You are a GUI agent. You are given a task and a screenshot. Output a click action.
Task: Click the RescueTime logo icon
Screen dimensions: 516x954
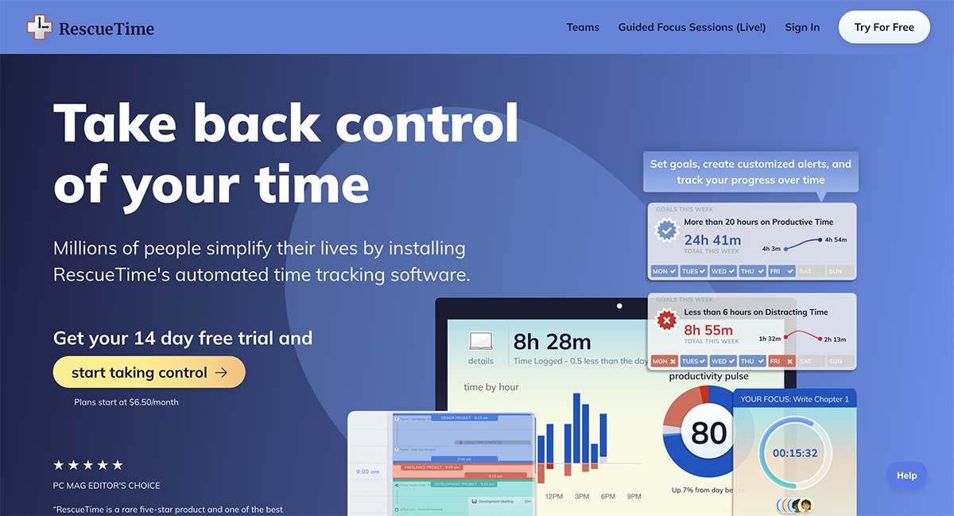(38, 28)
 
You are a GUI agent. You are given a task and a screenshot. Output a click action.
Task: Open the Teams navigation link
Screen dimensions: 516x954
(583, 27)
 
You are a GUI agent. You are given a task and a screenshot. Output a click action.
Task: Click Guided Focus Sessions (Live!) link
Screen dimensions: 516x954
(692, 27)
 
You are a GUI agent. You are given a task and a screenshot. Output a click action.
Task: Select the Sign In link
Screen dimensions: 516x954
(801, 27)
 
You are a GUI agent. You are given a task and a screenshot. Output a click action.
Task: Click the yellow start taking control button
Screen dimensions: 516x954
(149, 372)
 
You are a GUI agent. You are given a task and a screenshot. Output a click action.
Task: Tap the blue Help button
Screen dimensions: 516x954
(906, 475)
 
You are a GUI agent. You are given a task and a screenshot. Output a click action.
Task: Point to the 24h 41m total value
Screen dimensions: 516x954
(712, 239)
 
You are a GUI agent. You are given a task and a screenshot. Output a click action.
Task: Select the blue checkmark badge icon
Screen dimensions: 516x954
(666, 231)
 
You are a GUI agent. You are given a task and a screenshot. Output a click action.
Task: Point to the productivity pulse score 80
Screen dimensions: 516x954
(708, 433)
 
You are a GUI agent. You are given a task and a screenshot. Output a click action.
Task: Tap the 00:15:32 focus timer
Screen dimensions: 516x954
(795, 453)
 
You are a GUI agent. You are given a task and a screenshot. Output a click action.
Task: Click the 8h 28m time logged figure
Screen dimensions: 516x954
(552, 342)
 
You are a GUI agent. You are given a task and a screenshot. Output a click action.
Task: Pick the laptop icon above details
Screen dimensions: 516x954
(480, 341)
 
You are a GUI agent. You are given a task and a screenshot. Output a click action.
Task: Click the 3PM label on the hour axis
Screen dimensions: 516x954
(582, 496)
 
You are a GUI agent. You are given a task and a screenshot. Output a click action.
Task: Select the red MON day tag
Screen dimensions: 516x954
(664, 361)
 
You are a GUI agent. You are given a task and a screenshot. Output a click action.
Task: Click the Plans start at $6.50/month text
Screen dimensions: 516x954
(126, 402)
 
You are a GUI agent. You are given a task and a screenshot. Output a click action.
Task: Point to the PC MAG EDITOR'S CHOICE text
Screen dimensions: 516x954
(107, 485)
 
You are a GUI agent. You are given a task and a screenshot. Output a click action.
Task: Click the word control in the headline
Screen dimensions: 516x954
(426, 123)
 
